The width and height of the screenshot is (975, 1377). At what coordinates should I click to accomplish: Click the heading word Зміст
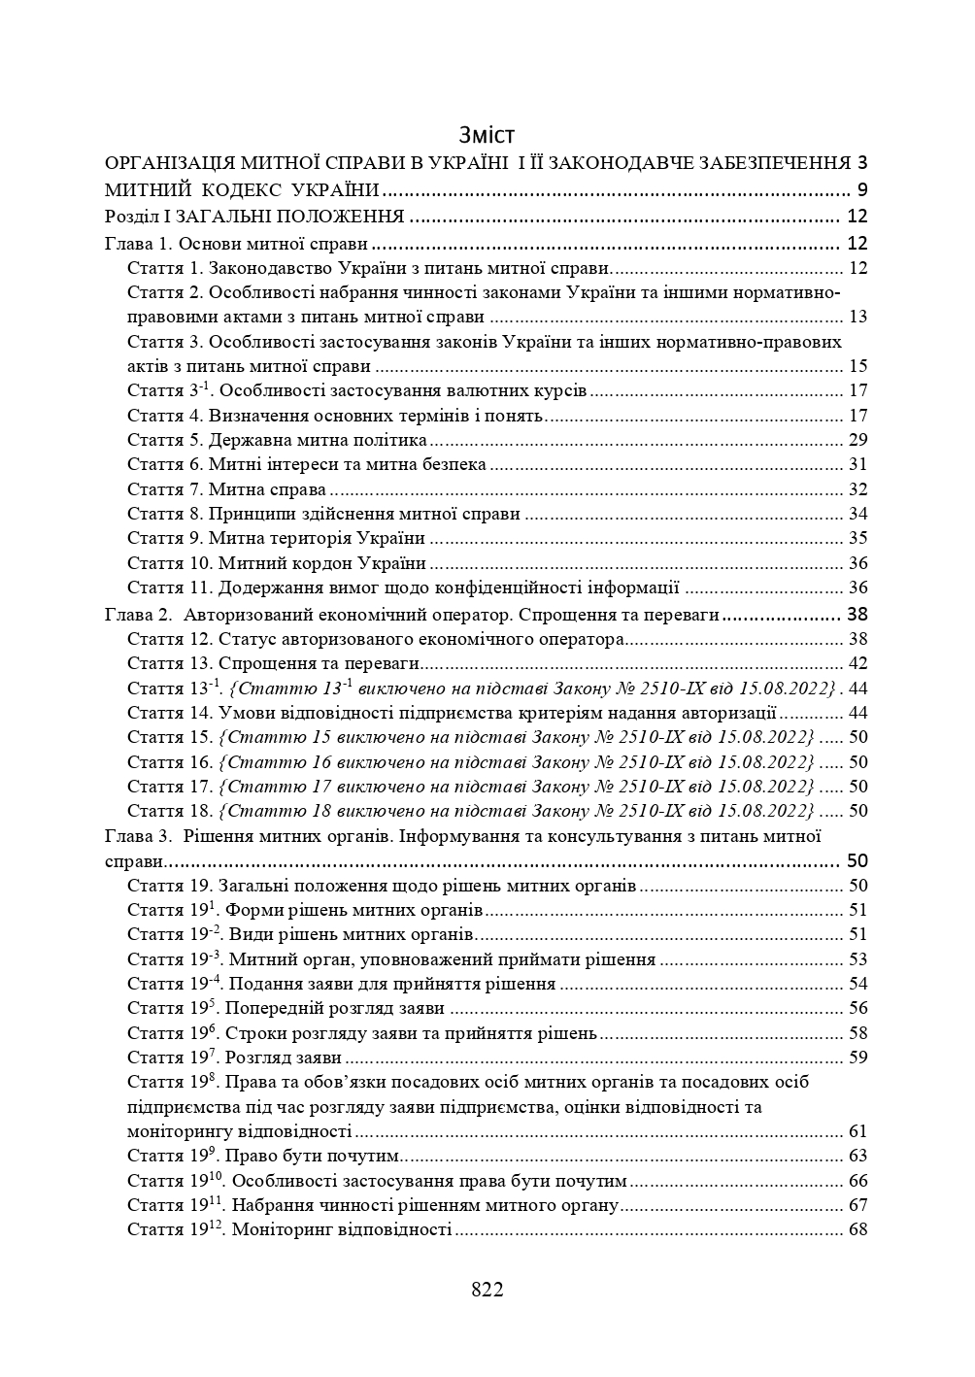click(x=487, y=134)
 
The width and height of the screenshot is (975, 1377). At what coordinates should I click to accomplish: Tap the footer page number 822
click(x=487, y=1290)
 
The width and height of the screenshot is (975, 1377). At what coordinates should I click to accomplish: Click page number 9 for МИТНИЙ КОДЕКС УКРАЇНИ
click(x=862, y=189)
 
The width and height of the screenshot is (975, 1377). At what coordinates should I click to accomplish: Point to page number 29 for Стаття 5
click(x=857, y=440)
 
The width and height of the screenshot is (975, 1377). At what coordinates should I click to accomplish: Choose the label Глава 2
click(x=137, y=614)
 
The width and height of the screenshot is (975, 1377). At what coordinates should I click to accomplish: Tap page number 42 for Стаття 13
click(x=857, y=663)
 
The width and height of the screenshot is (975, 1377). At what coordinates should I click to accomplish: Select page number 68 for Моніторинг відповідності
click(x=857, y=1229)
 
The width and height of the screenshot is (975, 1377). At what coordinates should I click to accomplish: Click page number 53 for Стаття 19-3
click(x=857, y=959)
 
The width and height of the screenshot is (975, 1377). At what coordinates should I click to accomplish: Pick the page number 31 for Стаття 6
click(x=857, y=465)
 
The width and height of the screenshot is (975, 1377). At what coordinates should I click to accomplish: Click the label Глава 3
click(x=137, y=836)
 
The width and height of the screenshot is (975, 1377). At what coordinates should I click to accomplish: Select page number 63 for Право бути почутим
click(x=857, y=1156)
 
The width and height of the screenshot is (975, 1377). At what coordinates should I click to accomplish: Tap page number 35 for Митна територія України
click(x=857, y=538)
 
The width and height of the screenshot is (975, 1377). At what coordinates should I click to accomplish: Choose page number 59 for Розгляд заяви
click(x=857, y=1058)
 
